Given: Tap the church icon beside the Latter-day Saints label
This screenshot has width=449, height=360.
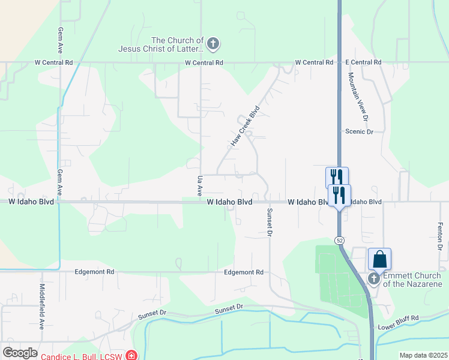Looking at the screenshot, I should tap(212, 44).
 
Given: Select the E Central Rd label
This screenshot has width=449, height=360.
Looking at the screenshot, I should tap(363, 62).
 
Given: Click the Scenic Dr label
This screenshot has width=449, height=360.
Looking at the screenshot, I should tap(359, 131).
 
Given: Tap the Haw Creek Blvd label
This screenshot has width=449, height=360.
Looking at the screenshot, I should tap(245, 127).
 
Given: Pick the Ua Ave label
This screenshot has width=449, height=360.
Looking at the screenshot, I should tap(200, 186).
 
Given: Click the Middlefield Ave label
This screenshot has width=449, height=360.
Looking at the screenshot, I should tap(42, 307).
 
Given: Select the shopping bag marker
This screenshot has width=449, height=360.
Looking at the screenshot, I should tap(379, 259).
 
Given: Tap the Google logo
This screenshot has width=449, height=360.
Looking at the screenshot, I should tap(20, 353).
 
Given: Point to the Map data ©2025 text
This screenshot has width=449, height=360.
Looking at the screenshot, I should tap(423, 355).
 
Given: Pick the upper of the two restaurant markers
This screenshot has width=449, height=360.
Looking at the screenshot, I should tap(337, 177).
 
